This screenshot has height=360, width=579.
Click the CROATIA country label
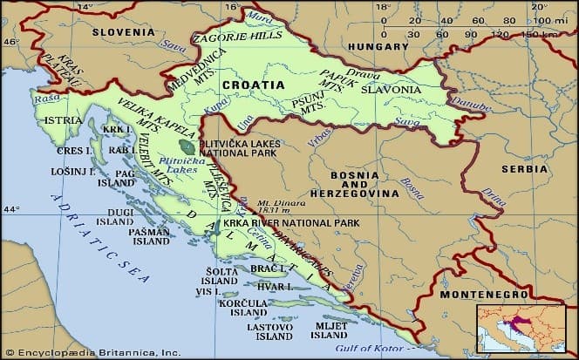click(253, 85)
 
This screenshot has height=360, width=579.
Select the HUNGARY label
click(378, 45)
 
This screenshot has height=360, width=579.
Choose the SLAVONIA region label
click(393, 90)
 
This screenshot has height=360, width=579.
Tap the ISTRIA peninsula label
click(63, 119)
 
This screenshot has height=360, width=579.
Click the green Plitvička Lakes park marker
click(185, 146)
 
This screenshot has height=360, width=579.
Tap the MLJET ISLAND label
click(329, 330)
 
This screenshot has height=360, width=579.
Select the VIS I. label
click(207, 292)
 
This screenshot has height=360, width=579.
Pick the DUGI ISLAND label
click(115, 217)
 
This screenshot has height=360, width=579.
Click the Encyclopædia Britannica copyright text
click(92, 352)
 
